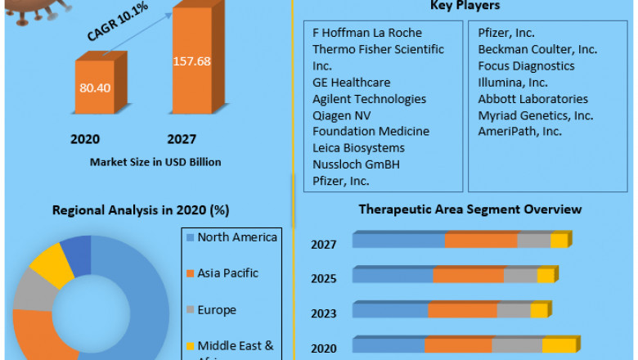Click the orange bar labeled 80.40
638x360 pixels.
click(96, 86)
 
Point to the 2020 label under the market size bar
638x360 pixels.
click(85, 139)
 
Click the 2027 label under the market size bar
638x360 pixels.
click(181, 139)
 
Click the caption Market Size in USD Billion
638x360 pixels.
click(155, 162)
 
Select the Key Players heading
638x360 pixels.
click(465, 7)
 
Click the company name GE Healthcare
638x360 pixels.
click(351, 83)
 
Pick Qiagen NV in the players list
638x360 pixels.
click(341, 115)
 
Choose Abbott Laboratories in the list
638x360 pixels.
click(532, 99)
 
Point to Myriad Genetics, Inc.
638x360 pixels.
click(536, 115)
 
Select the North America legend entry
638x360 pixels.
click(237, 238)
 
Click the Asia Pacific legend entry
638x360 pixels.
click(229, 274)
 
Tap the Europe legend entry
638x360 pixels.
click(216, 310)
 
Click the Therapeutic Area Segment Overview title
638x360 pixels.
click(470, 209)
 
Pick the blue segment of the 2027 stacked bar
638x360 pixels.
click(398, 241)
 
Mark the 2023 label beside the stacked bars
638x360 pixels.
click(324, 313)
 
